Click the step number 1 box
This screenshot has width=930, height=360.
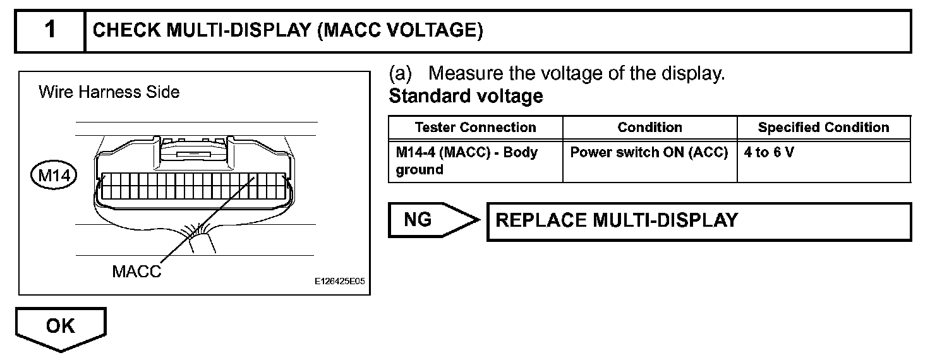pyautogui.click(x=49, y=31)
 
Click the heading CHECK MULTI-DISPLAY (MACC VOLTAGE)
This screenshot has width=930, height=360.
pyautogui.click(x=288, y=31)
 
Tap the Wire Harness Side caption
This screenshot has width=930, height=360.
pyautogui.click(x=109, y=92)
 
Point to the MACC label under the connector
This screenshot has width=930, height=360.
pyautogui.click(x=136, y=272)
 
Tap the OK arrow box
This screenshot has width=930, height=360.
pyautogui.click(x=61, y=327)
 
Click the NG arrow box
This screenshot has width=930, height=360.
pyautogui.click(x=430, y=220)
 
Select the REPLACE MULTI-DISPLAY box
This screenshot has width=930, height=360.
pyautogui.click(x=698, y=221)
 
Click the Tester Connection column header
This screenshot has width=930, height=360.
pyautogui.click(x=475, y=128)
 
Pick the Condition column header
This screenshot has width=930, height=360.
pyautogui.click(x=649, y=128)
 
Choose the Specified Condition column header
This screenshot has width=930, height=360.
pyautogui.click(x=823, y=128)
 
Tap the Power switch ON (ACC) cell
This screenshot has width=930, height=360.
pyautogui.click(x=649, y=153)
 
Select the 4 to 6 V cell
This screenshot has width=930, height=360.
pyautogui.click(x=768, y=153)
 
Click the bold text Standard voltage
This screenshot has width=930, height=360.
pyautogui.click(x=466, y=97)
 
